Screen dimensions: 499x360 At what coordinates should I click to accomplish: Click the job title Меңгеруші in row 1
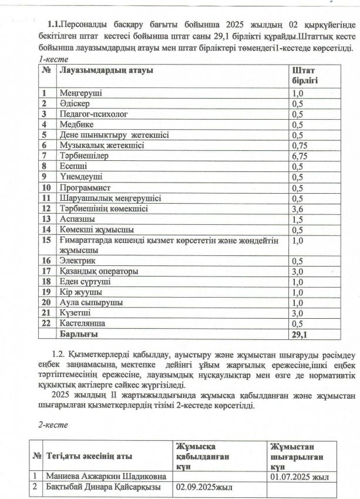click(81, 93)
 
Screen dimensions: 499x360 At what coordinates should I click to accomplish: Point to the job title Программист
click(83, 187)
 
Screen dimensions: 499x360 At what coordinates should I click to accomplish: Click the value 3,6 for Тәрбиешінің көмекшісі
click(297, 208)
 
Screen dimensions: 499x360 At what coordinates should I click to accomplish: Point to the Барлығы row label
click(78, 333)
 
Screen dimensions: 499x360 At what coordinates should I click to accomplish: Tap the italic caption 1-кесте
click(52, 59)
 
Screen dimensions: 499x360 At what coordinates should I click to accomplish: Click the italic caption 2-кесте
click(51, 424)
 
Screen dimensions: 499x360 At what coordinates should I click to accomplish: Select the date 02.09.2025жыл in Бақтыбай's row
click(203, 487)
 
